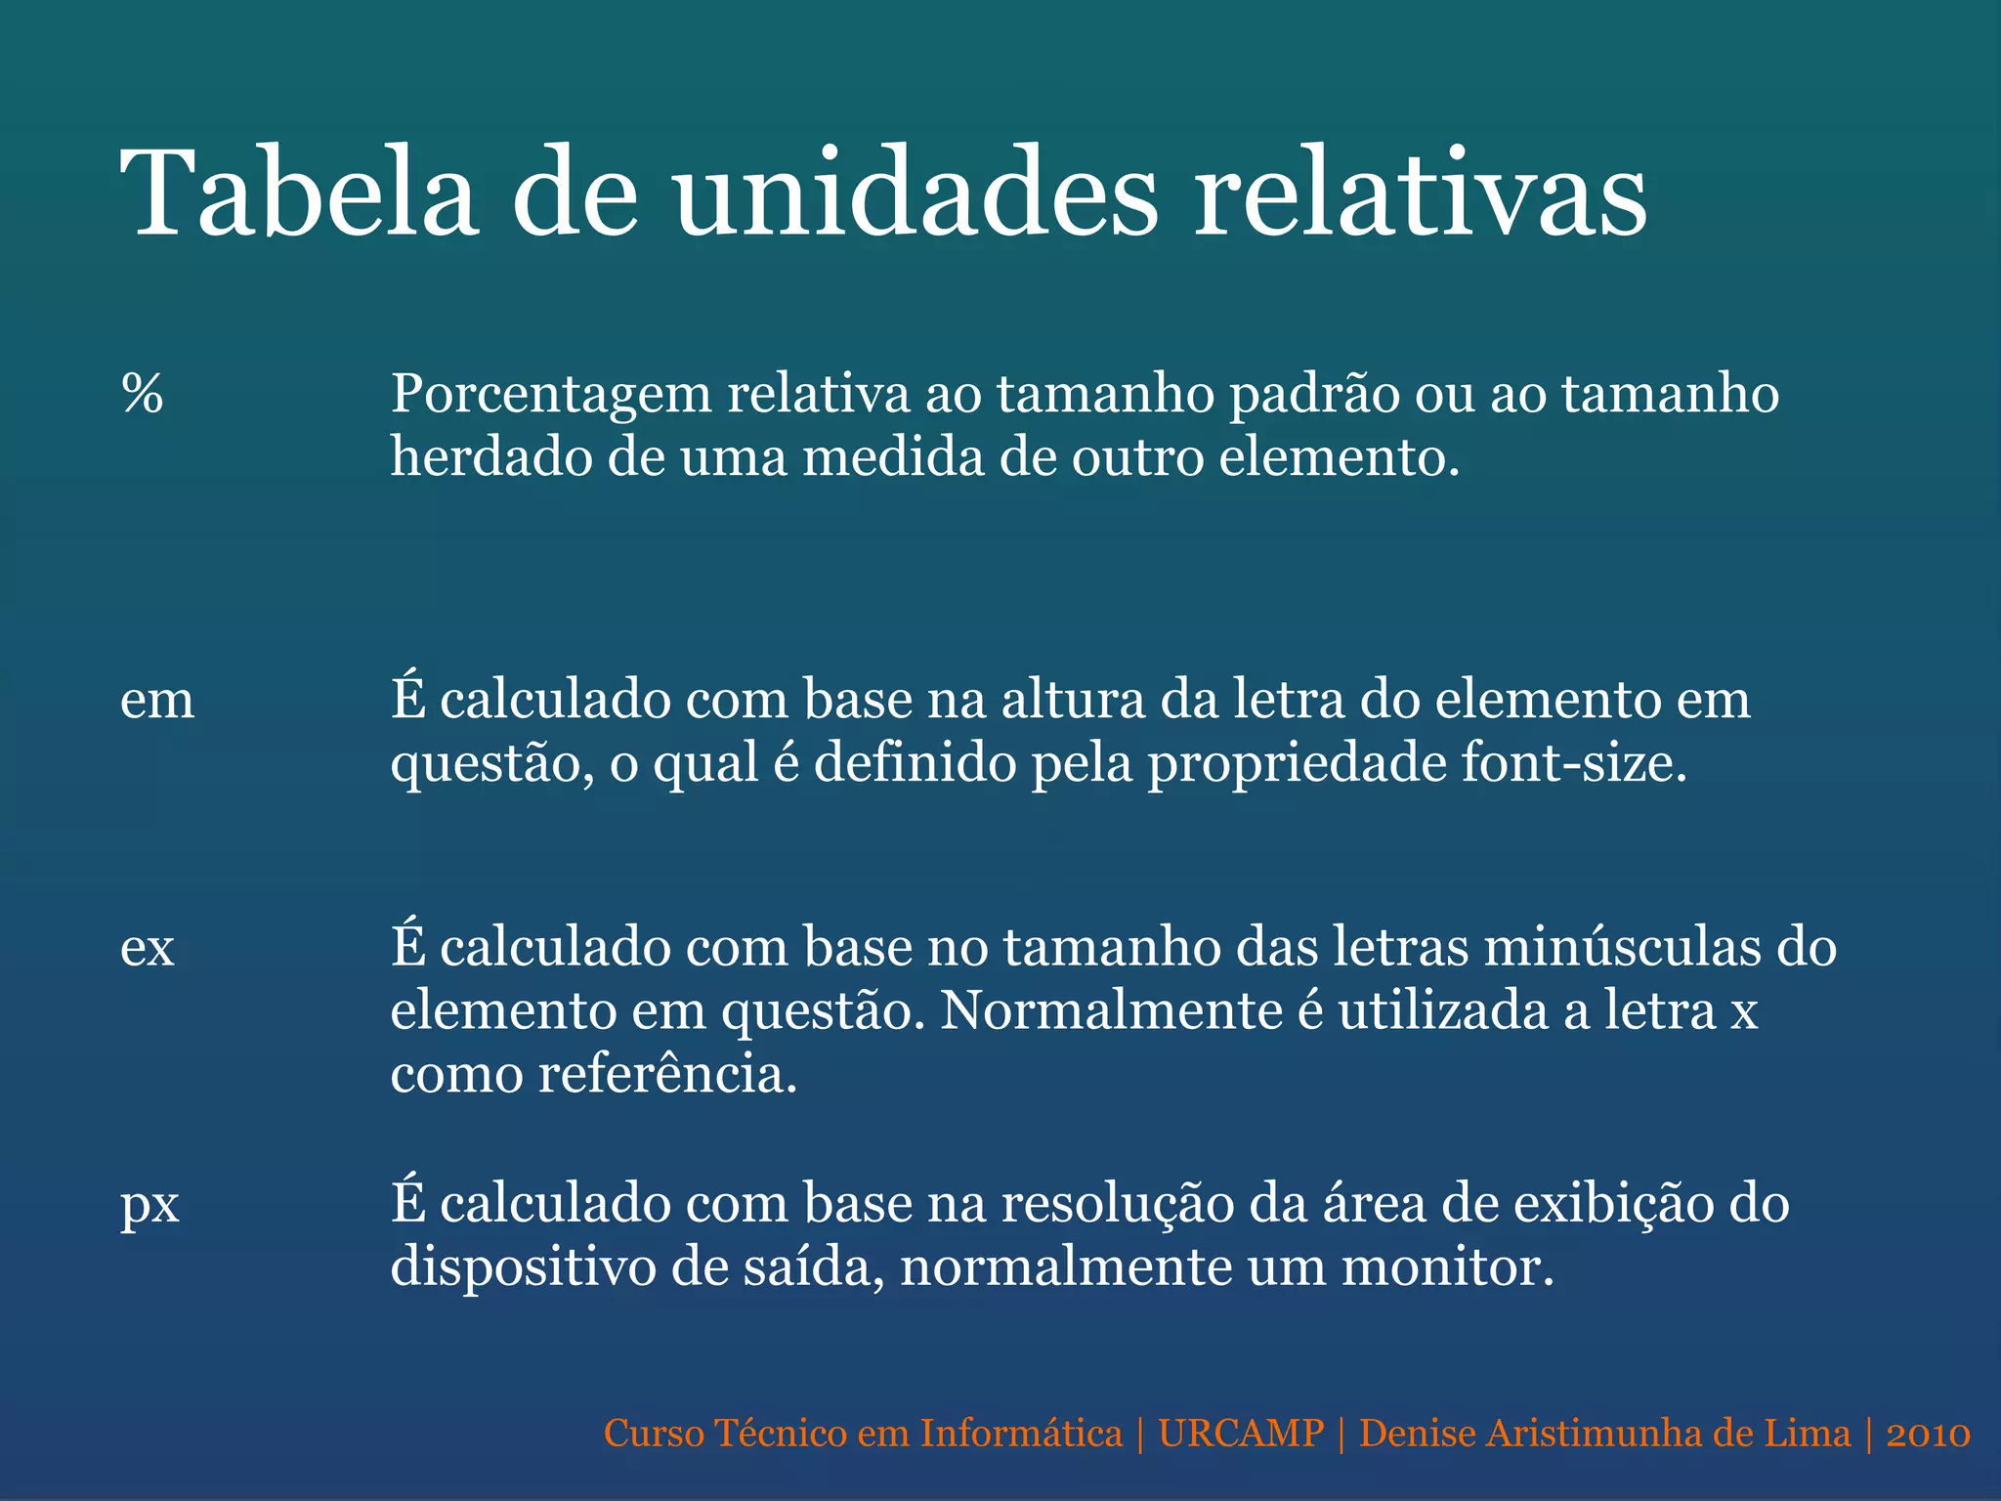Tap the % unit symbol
[x=143, y=394]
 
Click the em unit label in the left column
[x=157, y=701]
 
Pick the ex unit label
[x=148, y=948]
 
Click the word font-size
[x=1574, y=763]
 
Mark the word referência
[x=667, y=1075]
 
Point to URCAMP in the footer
[x=1241, y=1434]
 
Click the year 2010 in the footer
[x=1928, y=1434]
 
